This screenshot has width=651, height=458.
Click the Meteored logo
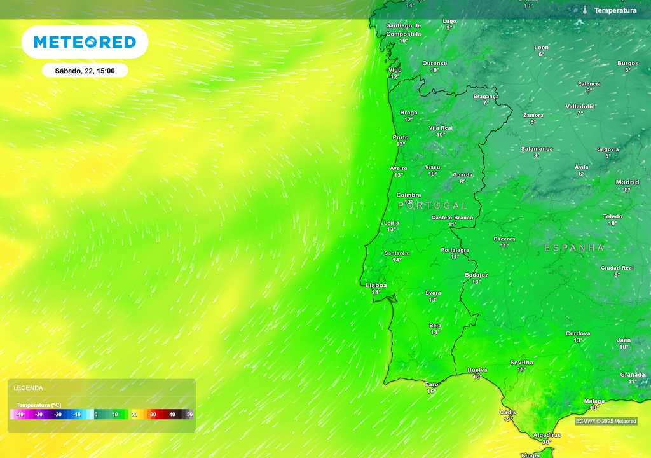85,42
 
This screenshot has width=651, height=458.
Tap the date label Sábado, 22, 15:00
85,71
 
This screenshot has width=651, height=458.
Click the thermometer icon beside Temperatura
584,10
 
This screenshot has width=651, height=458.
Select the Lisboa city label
376,286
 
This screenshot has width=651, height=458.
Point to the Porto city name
401,137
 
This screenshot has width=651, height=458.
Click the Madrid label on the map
627,183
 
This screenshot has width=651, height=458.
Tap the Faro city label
432,384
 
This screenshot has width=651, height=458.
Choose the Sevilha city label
521,363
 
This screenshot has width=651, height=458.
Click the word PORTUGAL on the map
432,205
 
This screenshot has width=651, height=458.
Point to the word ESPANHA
574,247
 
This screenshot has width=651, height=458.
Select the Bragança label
486,97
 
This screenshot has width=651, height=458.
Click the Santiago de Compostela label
404,30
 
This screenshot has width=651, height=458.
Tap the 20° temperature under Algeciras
546,442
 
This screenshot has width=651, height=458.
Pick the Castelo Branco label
452,218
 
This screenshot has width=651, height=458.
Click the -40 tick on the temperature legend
20,415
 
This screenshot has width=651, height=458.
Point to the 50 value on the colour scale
189,415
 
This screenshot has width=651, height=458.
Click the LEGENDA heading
29,387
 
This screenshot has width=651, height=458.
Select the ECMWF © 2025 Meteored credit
606,421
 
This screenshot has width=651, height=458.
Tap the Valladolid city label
580,106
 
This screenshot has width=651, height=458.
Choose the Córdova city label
578,333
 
